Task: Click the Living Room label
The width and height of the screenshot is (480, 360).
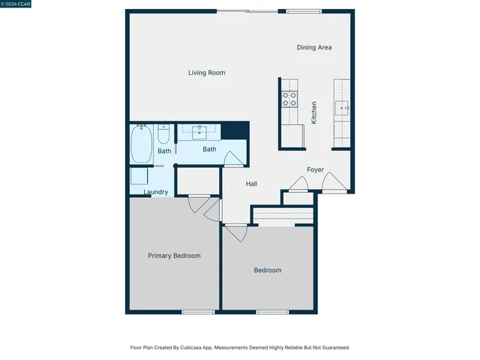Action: click(206, 73)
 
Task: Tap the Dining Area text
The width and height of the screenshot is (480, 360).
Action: click(313, 47)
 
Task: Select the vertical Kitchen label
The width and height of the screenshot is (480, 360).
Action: click(314, 112)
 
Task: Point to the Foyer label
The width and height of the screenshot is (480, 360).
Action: click(315, 169)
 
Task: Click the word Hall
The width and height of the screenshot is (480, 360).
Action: click(252, 184)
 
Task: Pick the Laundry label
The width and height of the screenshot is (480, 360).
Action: click(155, 192)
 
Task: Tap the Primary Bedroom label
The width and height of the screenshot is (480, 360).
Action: click(174, 256)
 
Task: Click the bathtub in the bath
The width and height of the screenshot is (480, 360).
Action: click(141, 144)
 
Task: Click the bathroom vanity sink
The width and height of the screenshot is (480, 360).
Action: click(200, 133)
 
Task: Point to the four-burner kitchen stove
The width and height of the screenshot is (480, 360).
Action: click(289, 100)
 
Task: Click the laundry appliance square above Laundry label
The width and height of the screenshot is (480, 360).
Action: click(139, 176)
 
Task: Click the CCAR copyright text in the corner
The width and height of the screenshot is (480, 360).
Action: click(16, 4)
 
